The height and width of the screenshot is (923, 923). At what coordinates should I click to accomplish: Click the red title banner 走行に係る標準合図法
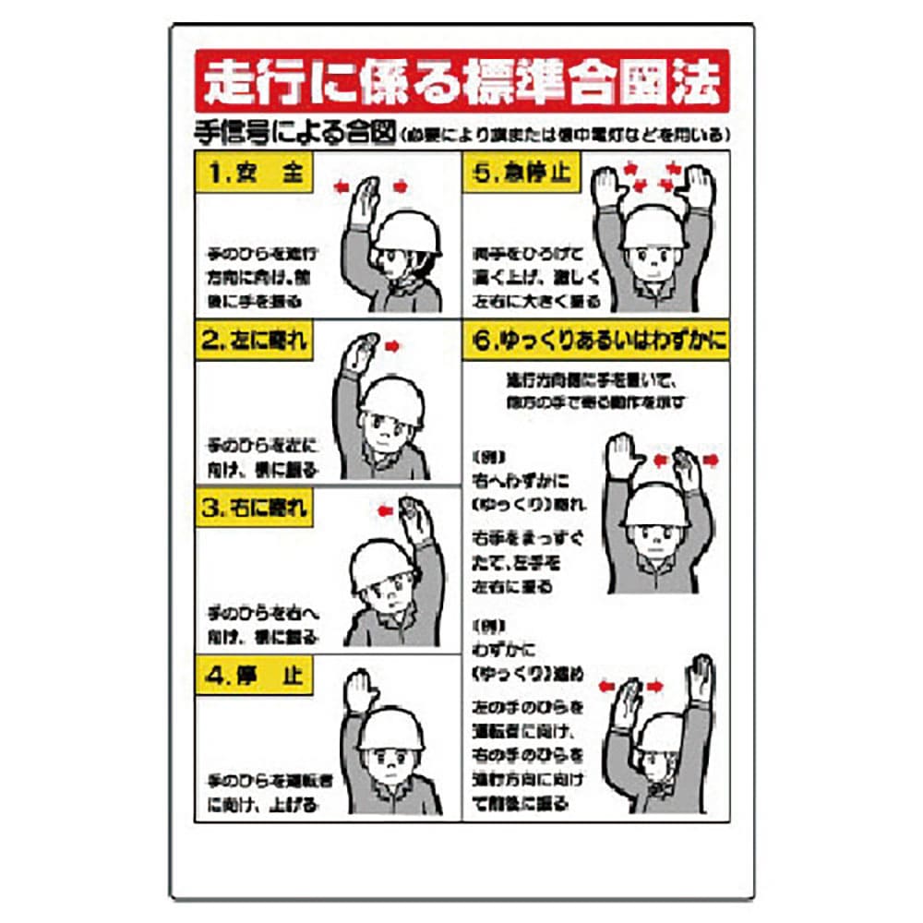pos(461,83)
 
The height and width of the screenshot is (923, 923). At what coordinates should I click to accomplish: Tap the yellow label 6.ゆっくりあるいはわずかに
pos(595,341)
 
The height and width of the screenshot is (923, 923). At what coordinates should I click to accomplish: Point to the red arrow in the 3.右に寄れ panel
pos(386,508)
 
